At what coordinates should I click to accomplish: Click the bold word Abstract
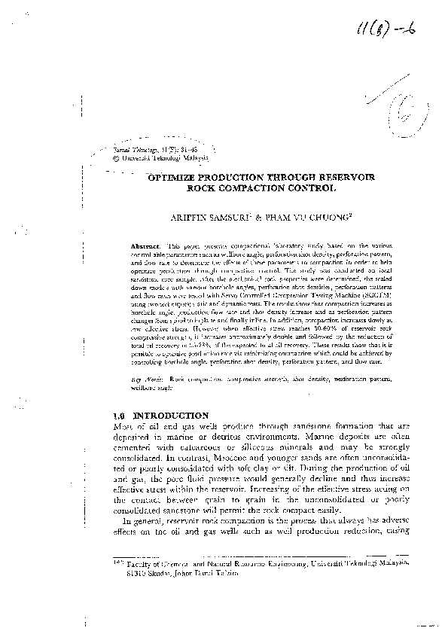pyautogui.click(x=145, y=246)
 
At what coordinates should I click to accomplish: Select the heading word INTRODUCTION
pyautogui.click(x=171, y=415)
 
